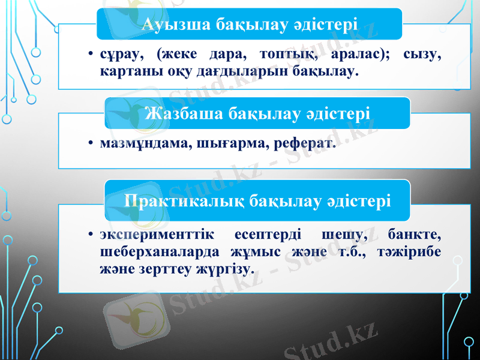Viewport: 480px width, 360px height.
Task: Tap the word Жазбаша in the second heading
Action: point(184,113)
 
